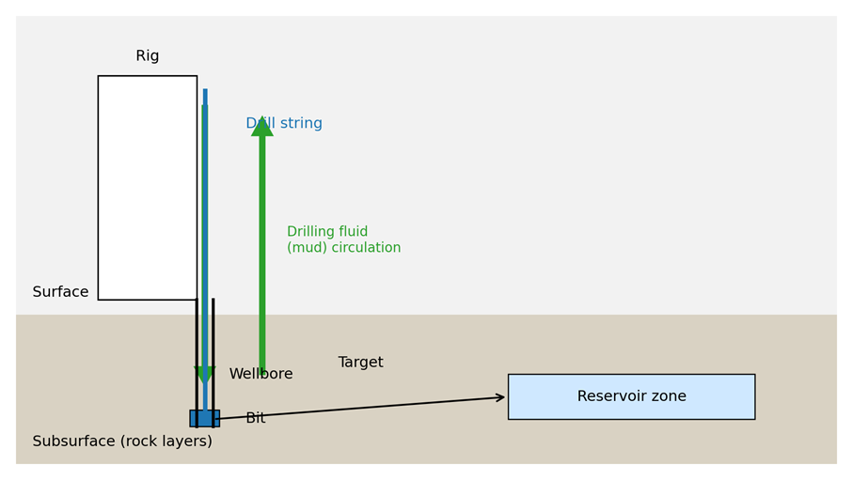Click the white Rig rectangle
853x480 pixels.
coord(147,188)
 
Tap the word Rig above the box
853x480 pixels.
coord(148,56)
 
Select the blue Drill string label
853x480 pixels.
coord(284,124)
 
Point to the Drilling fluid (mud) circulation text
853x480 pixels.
coord(343,240)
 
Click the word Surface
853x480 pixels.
coord(60,292)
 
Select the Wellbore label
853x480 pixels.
coord(261,374)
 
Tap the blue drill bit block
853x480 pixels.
coord(204,418)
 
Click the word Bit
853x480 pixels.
coord(255,418)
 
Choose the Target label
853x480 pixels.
coord(360,363)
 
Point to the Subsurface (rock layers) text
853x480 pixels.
coord(122,441)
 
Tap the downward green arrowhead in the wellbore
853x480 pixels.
coord(204,374)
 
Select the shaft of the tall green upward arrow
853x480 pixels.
coord(262,254)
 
